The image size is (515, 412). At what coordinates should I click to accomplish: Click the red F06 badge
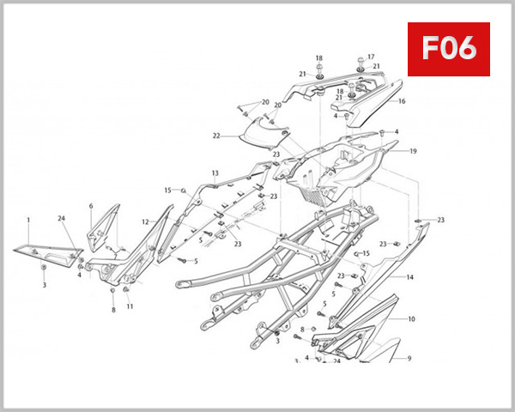[448, 48]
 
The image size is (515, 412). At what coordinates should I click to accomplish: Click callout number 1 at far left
[28, 220]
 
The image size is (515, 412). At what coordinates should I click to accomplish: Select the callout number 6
[91, 206]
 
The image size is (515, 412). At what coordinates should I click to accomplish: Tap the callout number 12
[145, 222]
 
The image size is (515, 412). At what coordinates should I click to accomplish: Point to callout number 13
[215, 173]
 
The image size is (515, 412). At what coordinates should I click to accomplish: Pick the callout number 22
[217, 135]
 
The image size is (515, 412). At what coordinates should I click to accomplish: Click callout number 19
[413, 152]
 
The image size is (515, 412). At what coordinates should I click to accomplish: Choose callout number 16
[401, 100]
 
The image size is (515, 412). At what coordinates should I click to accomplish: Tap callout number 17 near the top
[371, 58]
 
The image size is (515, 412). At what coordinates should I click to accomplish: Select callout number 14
[410, 278]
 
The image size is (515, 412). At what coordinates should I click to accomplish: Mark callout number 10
[411, 318]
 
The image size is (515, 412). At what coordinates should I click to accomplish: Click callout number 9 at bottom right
[409, 358]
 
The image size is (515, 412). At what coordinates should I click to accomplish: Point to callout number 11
[130, 306]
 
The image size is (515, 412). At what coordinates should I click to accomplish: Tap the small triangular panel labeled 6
[103, 224]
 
